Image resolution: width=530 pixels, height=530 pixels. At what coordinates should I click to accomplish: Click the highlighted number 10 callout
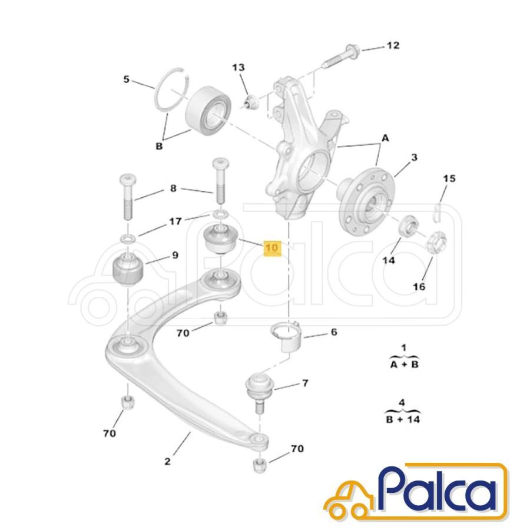[273, 249]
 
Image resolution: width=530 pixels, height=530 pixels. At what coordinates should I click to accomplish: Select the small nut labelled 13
[250, 102]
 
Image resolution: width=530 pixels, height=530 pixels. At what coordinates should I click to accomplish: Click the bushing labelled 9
[128, 268]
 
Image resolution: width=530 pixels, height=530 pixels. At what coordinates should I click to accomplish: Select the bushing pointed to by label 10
[222, 239]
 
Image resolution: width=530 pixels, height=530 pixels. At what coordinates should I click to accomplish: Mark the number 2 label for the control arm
[167, 461]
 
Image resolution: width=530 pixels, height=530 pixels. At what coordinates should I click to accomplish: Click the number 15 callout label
[449, 178]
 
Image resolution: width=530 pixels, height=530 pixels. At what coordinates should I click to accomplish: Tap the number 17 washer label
[175, 221]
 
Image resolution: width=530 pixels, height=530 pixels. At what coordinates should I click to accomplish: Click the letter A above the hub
[385, 138]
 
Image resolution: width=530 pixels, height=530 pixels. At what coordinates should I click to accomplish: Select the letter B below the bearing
[159, 147]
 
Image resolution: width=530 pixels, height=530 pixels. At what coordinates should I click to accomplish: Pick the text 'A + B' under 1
[404, 365]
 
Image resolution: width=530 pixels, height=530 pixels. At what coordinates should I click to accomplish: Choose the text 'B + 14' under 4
[403, 420]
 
